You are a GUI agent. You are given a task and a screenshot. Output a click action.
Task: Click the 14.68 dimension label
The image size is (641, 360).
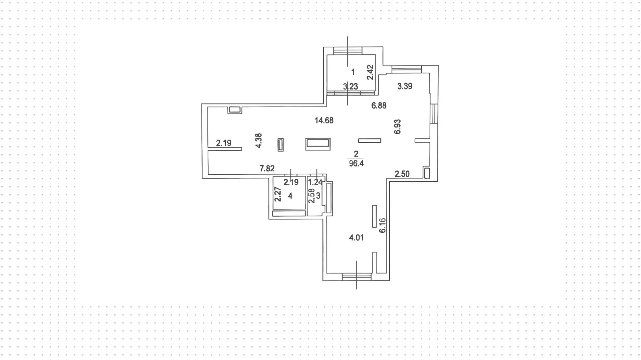click(324, 120)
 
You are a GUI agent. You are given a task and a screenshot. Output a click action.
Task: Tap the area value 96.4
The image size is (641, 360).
click(356, 164)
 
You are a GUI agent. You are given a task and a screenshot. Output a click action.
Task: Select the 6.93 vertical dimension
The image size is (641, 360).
click(397, 127)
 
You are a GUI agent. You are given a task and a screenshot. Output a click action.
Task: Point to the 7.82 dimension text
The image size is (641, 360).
click(267, 169)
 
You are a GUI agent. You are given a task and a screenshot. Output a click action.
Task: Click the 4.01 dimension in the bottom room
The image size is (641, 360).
click(356, 238)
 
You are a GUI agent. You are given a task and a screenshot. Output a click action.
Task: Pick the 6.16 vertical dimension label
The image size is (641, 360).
click(383, 225)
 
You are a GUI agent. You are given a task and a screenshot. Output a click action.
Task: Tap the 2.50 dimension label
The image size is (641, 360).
click(402, 174)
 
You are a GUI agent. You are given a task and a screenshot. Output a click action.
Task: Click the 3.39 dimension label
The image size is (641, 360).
click(405, 86)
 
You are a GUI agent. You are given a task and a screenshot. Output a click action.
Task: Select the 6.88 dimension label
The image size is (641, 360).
click(379, 106)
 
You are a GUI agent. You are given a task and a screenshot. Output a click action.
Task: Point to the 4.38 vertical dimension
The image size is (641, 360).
click(259, 141)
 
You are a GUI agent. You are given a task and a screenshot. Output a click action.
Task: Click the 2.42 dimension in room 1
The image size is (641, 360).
click(370, 72)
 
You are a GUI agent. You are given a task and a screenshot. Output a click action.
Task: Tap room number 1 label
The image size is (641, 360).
click(353, 72)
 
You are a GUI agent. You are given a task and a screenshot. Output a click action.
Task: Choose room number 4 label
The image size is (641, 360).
click(290, 196)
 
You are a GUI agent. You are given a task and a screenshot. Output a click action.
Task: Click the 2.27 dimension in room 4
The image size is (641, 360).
click(277, 194)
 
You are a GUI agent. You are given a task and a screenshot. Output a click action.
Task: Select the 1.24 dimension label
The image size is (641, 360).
click(315, 182)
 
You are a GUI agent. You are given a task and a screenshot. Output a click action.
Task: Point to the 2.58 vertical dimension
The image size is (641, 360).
click(311, 196)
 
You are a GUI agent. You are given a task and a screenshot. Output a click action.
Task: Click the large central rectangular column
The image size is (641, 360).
click(318, 144)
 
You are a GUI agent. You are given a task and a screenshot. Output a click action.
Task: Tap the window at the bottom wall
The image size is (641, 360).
click(357, 277)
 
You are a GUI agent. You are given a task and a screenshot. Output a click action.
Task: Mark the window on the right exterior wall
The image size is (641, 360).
click(434, 114)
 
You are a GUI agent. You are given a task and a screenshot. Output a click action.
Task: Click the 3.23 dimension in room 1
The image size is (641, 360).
click(351, 86)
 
